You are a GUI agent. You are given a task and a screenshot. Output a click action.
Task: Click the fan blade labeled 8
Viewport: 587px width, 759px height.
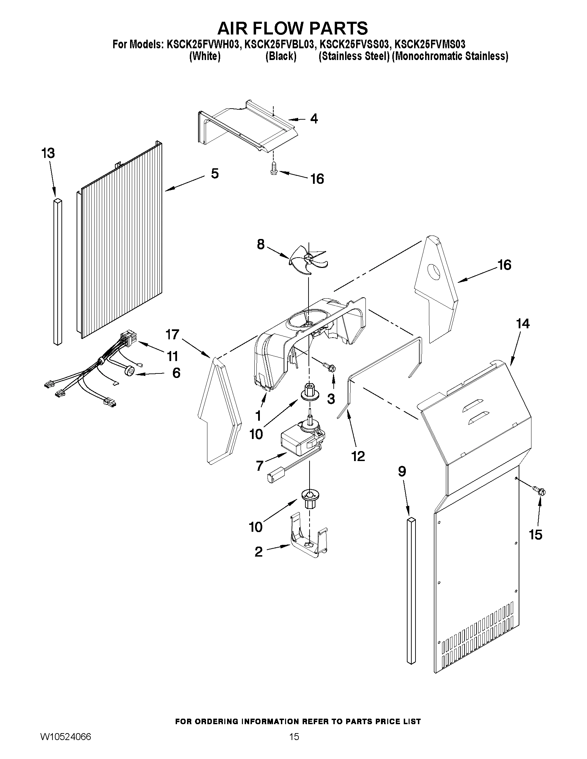[x=307, y=261]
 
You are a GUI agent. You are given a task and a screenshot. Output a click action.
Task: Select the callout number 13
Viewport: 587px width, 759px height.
[x=48, y=153]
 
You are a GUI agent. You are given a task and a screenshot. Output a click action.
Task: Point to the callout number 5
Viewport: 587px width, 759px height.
[x=215, y=173]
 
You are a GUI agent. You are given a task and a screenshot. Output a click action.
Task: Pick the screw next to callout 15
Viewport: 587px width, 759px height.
[x=540, y=491]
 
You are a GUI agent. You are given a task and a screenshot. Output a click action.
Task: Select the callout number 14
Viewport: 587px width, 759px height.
[x=523, y=323]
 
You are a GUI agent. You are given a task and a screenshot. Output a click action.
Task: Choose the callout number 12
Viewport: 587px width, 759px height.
[x=358, y=456]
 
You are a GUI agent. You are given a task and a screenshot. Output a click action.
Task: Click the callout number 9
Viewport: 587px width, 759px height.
[x=402, y=471]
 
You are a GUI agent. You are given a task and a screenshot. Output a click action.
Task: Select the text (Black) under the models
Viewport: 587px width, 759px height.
[x=281, y=56]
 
